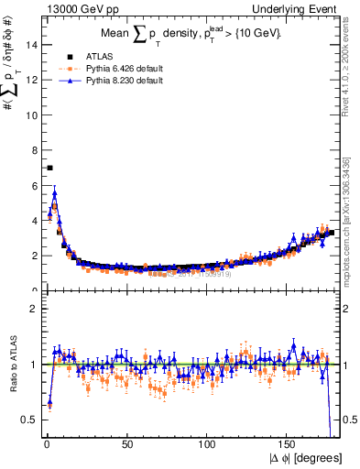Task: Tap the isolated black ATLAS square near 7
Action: [x=49, y=168]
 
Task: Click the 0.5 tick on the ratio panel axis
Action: [x=29, y=420]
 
